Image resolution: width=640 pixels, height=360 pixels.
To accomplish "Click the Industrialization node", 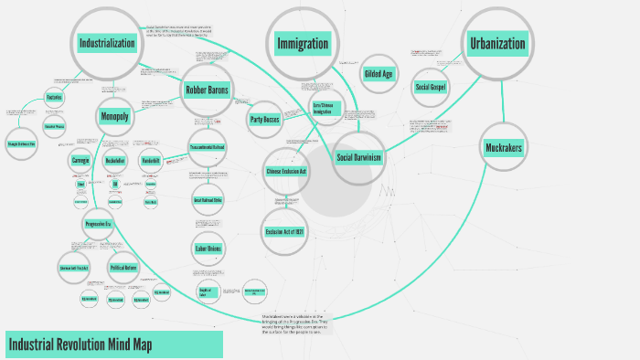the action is pos(107,43).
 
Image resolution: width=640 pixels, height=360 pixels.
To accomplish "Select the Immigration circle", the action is pos(304,43).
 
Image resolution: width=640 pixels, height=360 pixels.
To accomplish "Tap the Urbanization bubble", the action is pos(497,43).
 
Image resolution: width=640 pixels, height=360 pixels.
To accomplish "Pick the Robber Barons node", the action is pos(208,90).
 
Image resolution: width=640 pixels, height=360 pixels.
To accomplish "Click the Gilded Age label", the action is pos(379,73).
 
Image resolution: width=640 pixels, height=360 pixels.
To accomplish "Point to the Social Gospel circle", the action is pos(431,87).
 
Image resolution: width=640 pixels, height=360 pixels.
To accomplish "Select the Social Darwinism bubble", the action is pos(358,157).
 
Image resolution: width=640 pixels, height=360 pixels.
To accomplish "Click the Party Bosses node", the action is pos(263,119).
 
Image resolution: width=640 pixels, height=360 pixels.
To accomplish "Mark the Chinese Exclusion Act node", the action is pos(286,171).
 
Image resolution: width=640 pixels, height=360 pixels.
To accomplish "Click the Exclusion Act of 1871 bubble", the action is pos(289,232).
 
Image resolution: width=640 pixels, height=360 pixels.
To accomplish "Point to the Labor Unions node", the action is pos(208,249).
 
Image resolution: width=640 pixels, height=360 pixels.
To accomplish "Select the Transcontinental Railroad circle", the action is pos(208,148).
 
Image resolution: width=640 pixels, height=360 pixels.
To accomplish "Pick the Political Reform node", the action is pos(123,268).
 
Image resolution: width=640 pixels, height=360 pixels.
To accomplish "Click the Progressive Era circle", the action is pos(98,224).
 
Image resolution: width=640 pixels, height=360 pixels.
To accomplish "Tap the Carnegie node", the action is pos(80,161).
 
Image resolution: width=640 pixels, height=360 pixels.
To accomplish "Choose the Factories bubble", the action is pos(54,97).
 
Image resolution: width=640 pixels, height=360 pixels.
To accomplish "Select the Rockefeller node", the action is pos(115,161).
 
